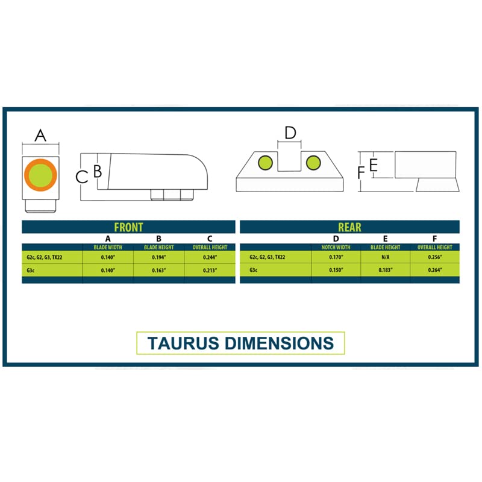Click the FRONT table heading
tap(128, 227)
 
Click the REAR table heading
tap(349, 227)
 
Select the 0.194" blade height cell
tap(159, 257)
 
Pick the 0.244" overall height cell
tap(210, 257)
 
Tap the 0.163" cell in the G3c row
tap(159, 271)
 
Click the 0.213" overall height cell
tap(210, 271)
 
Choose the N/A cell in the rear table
tap(385, 257)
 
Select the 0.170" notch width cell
tap(336, 257)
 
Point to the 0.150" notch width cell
tap(336, 270)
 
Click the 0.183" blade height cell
tap(385, 270)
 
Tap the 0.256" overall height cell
tap(435, 257)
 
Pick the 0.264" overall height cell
tap(435, 270)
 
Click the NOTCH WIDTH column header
tap(336, 247)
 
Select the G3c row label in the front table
tap(31, 271)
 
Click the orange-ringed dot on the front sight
tap(40, 175)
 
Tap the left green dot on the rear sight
tap(265, 163)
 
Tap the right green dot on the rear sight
tap(313, 163)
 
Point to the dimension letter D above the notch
tap(290, 133)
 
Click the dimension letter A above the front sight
tap(40, 136)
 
